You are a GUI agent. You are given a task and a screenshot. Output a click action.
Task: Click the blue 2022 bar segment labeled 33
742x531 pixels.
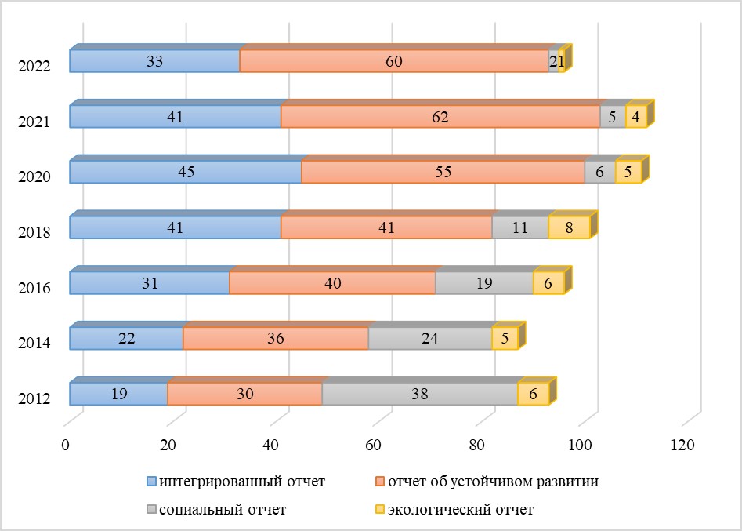[x=154, y=61]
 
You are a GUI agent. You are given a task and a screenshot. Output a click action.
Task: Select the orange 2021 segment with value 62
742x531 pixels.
[x=440, y=117]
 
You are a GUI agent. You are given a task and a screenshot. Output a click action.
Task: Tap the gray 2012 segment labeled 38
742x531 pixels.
[x=419, y=394]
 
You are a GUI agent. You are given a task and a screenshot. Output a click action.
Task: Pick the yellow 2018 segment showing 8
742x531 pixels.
[x=568, y=227]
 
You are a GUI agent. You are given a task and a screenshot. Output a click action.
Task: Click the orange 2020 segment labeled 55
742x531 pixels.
[x=443, y=172]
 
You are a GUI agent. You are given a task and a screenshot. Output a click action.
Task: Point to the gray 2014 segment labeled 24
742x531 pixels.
[x=429, y=338]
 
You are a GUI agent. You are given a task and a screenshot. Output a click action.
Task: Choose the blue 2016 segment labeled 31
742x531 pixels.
[x=149, y=283]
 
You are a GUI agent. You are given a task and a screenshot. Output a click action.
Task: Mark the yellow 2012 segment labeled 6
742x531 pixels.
[x=533, y=394]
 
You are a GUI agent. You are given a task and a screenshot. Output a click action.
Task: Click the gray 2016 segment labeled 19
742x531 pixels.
[x=483, y=283]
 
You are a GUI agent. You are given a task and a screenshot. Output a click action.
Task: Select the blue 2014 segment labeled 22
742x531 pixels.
[x=126, y=338]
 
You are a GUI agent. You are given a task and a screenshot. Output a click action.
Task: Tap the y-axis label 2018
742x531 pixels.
[x=34, y=232]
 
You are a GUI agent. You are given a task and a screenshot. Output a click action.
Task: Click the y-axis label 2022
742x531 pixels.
[x=34, y=67]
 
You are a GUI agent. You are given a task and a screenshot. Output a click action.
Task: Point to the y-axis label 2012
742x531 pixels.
[x=34, y=398]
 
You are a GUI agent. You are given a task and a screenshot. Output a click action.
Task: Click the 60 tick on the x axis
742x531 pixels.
[x=373, y=445]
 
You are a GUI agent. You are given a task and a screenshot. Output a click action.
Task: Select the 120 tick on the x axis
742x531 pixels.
[x=682, y=445]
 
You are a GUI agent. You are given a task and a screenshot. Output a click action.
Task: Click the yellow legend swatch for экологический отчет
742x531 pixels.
[x=381, y=510]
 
